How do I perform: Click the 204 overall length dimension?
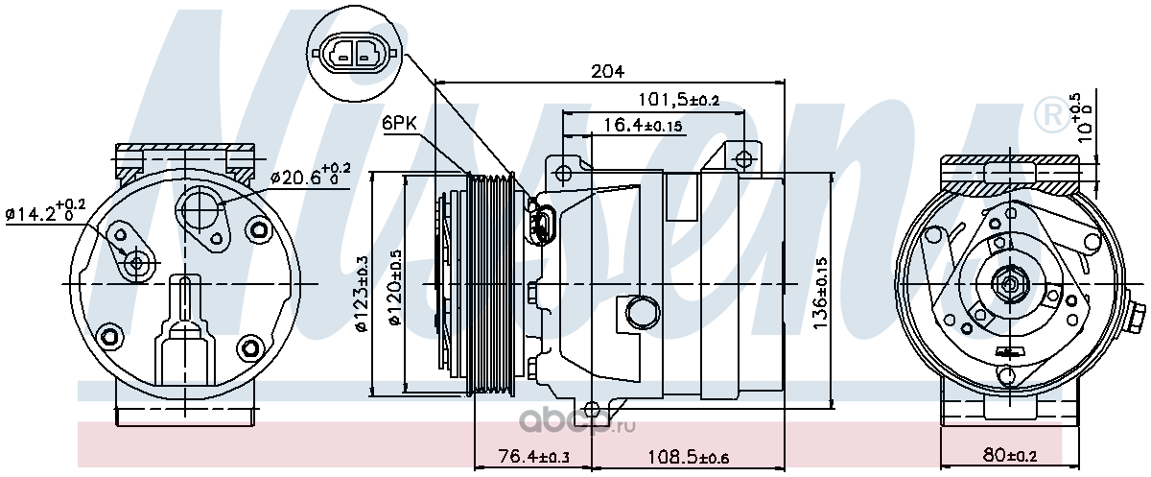607,71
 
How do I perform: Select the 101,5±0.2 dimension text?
678,99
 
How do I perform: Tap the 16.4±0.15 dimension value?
643,125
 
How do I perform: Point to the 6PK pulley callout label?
399,123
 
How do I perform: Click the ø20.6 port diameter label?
311,176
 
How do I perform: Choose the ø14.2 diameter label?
45,211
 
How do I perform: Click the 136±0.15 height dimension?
820,293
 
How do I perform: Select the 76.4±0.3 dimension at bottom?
534,456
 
